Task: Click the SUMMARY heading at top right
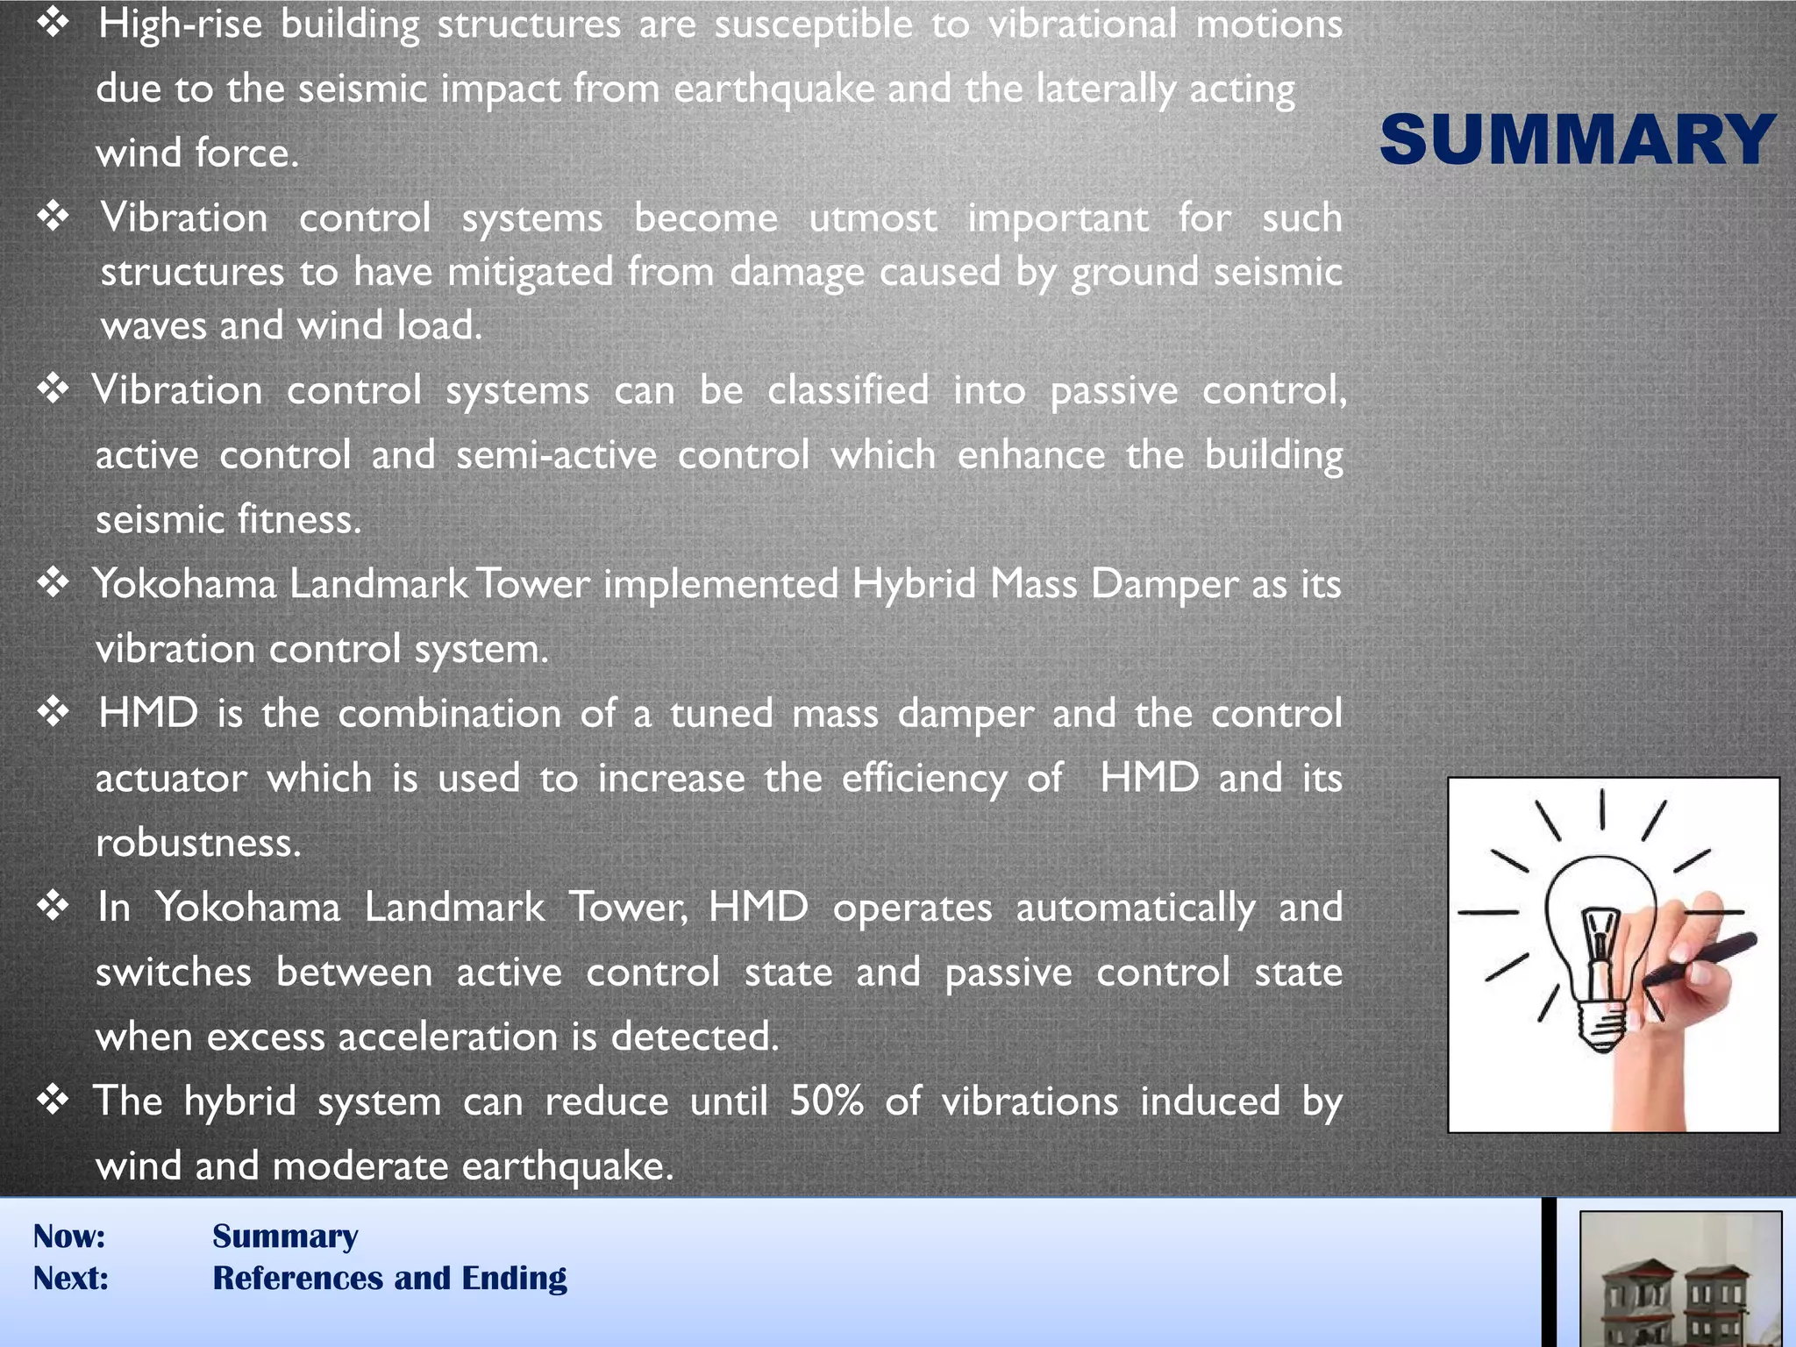(1577, 140)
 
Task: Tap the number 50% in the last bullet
(826, 1101)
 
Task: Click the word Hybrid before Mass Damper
(914, 584)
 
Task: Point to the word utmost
(873, 218)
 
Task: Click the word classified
(848, 390)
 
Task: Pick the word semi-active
(556, 455)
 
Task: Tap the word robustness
(198, 843)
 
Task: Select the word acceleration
(448, 1037)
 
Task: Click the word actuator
(171, 779)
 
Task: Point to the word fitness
(299, 519)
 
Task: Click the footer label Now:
(69, 1237)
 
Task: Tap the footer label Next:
(71, 1279)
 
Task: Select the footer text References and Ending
(389, 1279)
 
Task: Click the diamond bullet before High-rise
(53, 24)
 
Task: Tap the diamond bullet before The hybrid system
(53, 1100)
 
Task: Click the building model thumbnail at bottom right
(1679, 1280)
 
